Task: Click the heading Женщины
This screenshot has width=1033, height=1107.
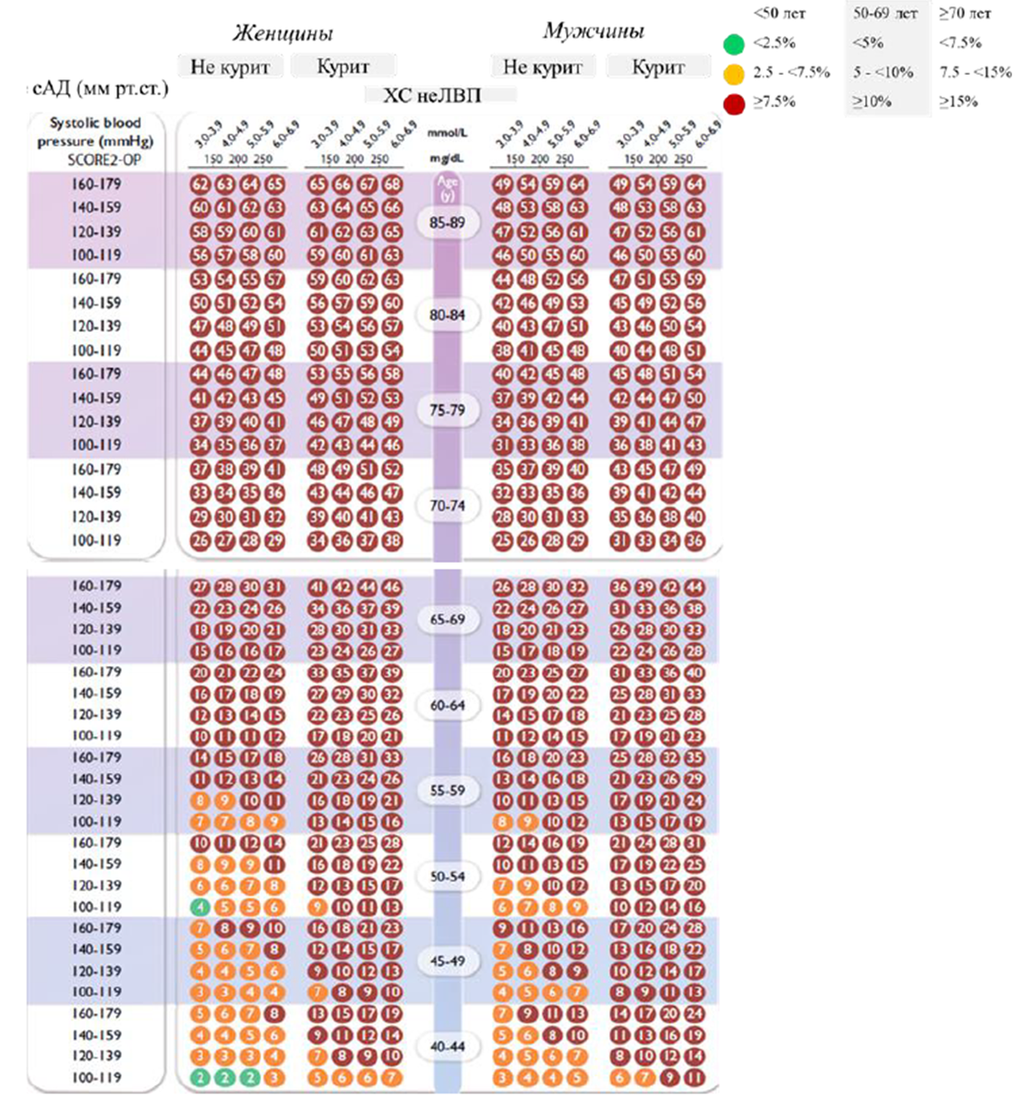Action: pos(282,34)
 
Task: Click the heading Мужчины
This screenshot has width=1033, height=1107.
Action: pos(593,31)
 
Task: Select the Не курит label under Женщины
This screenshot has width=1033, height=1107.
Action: pos(230,66)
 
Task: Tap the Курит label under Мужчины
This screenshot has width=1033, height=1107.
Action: pos(658,66)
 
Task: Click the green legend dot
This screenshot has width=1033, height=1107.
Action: pos(734,43)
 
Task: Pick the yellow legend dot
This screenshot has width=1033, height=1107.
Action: pos(734,73)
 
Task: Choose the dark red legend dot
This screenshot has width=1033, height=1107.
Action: pos(734,102)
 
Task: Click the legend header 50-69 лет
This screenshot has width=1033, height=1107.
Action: pos(884,14)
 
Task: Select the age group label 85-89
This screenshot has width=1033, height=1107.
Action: pos(448,222)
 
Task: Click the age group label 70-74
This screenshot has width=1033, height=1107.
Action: pos(448,506)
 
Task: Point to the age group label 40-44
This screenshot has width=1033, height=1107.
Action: pos(448,1046)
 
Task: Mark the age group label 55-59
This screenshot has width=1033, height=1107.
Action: pos(448,791)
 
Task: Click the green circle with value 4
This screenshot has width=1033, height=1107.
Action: pos(199,907)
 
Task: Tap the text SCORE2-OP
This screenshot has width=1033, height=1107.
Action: pos(96,159)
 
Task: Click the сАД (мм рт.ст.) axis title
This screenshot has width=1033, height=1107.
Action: pos(99,89)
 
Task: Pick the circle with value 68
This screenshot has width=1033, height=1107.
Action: pos(392,184)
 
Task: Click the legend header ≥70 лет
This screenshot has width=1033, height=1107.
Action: pos(965,14)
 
